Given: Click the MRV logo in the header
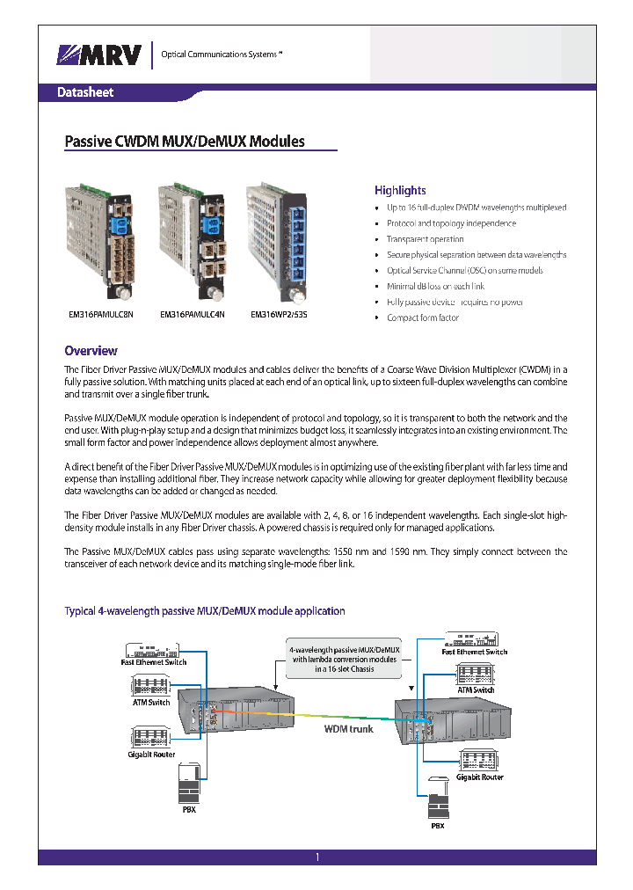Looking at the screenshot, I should pos(98,55).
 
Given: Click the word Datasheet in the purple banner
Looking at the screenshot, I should pos(85,92).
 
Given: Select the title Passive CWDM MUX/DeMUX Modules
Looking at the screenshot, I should pos(186,141).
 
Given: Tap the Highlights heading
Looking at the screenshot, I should pos(400,190).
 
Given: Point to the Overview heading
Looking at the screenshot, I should pos(91,350).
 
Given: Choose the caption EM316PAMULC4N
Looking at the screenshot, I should pos(192,314).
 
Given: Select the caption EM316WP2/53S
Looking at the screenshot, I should pos(280,314).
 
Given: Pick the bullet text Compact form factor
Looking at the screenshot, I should pos(423,318).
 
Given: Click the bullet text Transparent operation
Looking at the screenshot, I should pos(425,239).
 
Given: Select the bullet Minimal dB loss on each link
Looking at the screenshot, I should pos(435,287).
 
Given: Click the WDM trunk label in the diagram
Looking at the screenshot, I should pos(348,729).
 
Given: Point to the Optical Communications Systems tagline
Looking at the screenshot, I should pos(221,55).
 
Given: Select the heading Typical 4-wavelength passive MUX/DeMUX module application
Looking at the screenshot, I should pos(205,610).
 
